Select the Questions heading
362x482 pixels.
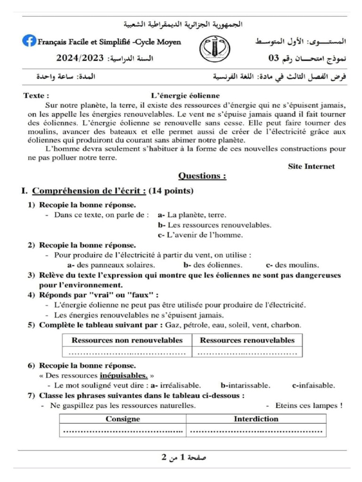point(202,176)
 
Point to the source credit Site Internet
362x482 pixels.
point(311,166)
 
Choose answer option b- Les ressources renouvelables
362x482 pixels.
point(214,225)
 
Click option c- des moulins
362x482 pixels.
point(292,265)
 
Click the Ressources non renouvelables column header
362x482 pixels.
point(127,340)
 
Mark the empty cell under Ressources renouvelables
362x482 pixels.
point(247,352)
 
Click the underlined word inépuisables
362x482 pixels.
point(123,376)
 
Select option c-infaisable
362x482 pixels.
point(313,386)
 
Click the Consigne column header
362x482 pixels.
point(123,418)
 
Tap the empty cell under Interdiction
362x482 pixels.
point(256,430)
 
